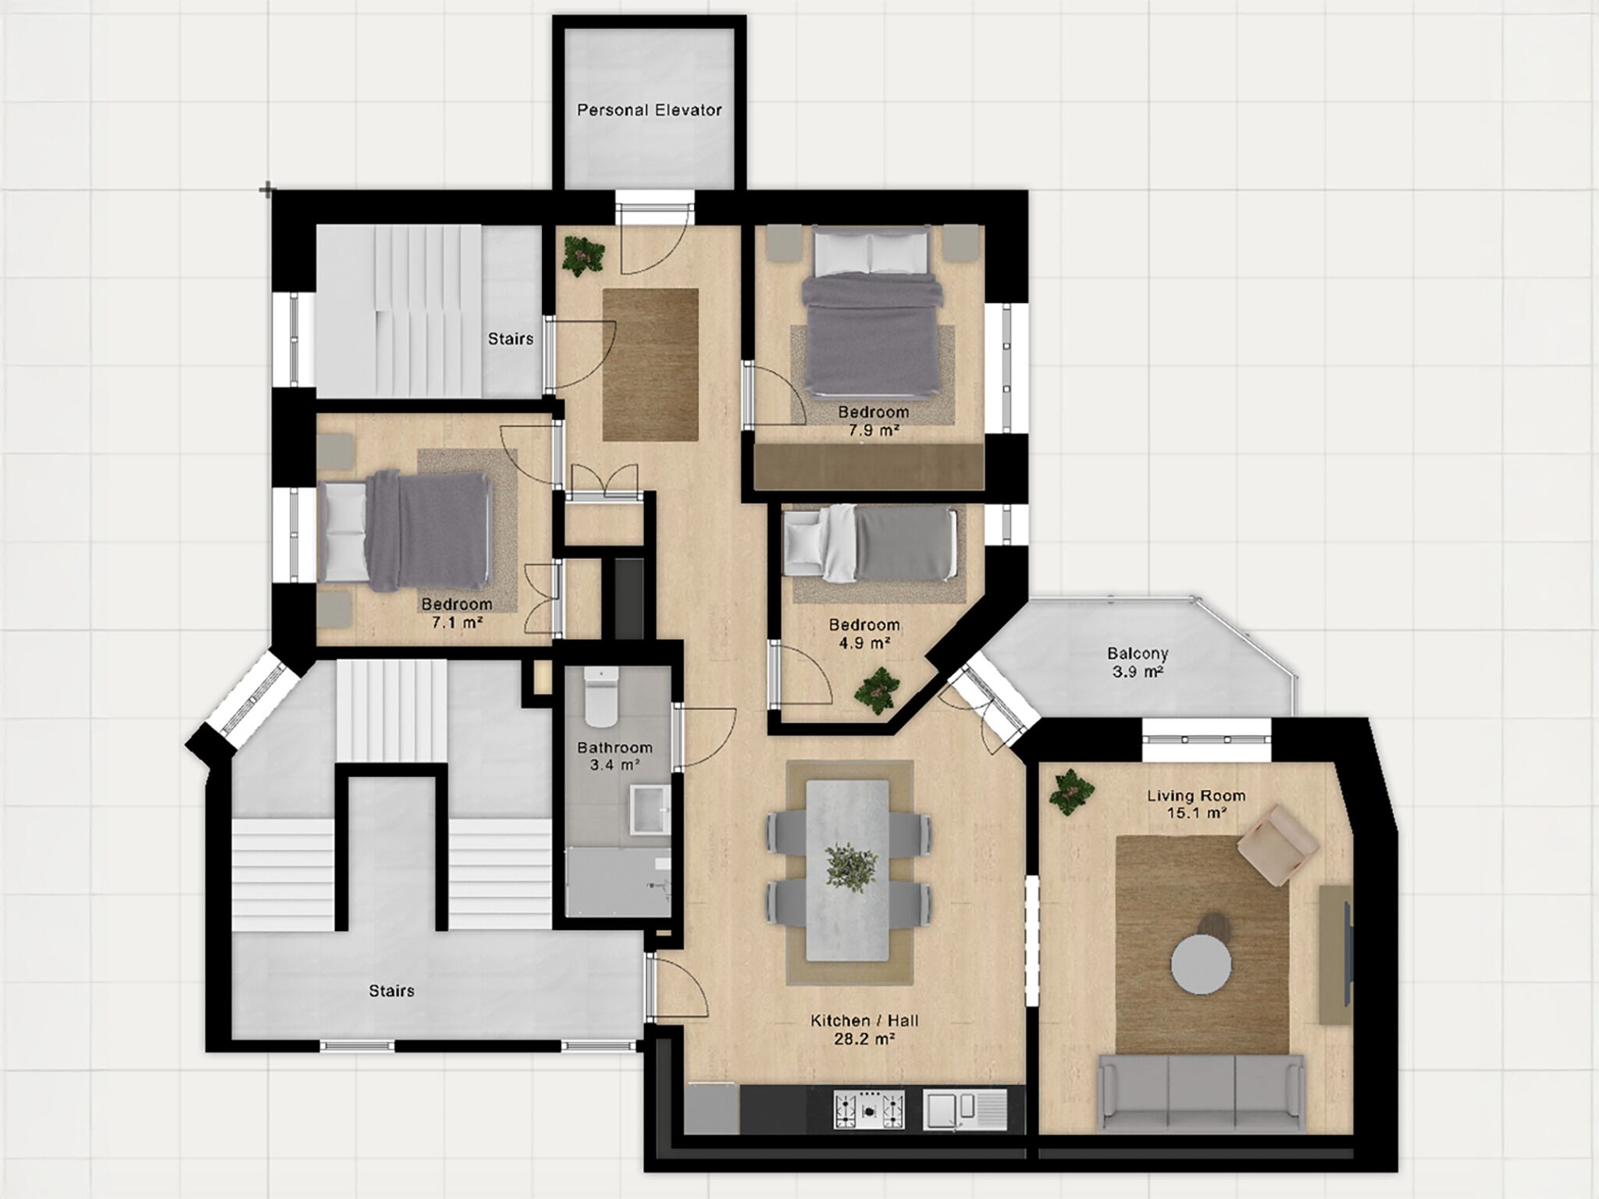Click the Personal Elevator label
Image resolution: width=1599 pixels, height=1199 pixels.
[649, 110]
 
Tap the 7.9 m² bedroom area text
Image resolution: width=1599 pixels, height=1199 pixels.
[874, 430]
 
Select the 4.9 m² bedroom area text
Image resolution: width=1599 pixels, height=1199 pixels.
[864, 643]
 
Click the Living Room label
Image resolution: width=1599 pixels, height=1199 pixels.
[1196, 795]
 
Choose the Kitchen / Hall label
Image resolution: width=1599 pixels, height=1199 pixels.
[864, 1020]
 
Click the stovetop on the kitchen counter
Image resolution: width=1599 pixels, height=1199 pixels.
[871, 1108]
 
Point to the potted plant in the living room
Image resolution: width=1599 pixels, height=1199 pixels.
[1071, 793]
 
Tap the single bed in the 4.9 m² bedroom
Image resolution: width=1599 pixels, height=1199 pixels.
[870, 543]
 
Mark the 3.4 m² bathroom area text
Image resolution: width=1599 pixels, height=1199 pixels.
[615, 765]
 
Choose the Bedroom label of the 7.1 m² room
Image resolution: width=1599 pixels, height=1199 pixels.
[457, 604]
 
